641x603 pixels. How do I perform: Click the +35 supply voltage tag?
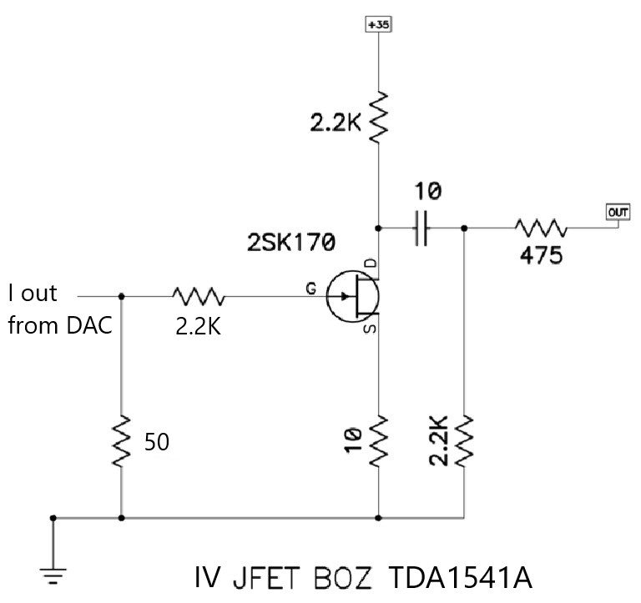[379, 24]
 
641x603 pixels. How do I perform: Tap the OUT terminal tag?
[618, 212]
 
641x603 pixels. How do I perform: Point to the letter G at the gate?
[310, 288]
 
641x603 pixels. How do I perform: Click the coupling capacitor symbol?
[422, 228]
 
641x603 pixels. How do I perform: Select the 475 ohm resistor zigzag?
[541, 228]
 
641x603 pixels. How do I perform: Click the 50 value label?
[158, 442]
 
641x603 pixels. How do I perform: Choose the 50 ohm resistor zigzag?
[122, 441]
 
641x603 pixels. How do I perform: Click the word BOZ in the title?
[344, 578]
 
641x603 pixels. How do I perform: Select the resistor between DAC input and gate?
[199, 295]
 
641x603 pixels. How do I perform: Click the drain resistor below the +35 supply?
[379, 117]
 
